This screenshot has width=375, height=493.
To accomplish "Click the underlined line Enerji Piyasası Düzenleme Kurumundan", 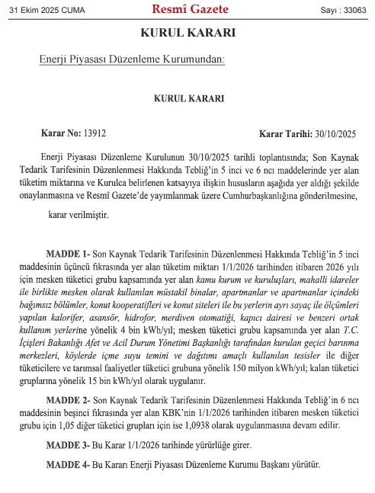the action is coord(132,60).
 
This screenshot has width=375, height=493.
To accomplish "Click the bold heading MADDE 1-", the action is coord(69,252).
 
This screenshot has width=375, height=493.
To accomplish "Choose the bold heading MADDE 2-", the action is coord(69,401).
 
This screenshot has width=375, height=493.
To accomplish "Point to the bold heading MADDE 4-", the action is coord(69,464).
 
